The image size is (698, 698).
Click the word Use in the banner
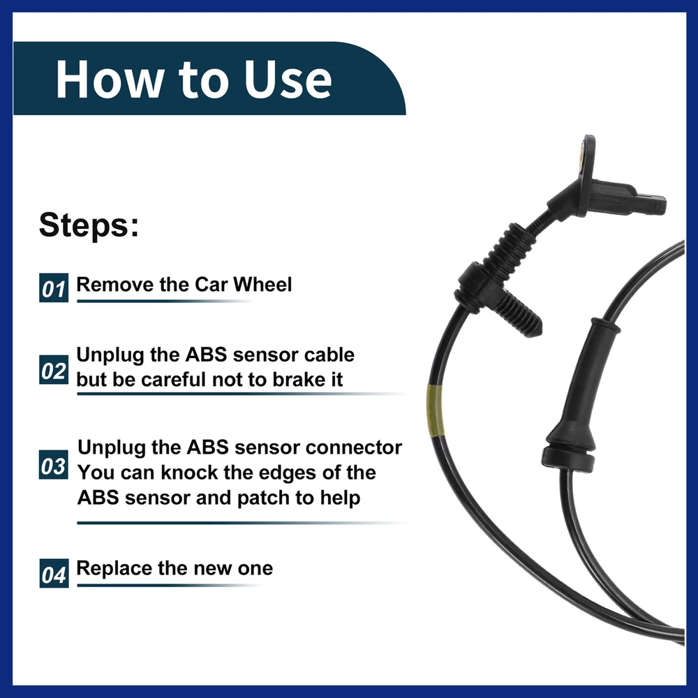tap(288, 80)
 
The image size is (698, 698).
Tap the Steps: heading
tap(89, 225)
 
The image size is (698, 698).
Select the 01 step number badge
tap(54, 288)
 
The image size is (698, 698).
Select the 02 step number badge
tap(54, 369)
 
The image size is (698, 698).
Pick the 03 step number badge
tap(54, 465)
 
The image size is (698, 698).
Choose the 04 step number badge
tap(54, 573)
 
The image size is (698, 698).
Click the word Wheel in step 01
tap(262, 285)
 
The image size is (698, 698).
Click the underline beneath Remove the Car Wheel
tap(165, 302)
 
